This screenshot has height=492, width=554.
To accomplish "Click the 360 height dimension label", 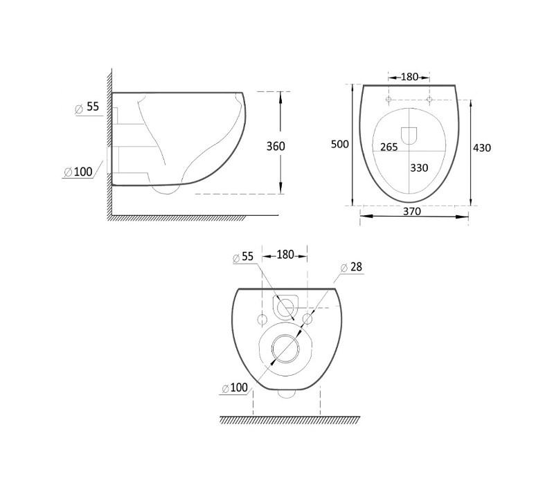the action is click(x=276, y=146).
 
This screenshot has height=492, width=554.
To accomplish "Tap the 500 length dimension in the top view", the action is click(x=340, y=144).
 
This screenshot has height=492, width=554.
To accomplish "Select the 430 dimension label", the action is click(x=482, y=147).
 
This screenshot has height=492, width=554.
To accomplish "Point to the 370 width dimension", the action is click(x=412, y=211).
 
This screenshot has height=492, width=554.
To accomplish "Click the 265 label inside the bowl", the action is click(x=389, y=147).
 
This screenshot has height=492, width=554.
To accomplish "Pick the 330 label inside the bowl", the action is click(x=419, y=167).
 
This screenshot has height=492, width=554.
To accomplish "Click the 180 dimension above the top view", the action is click(x=409, y=77).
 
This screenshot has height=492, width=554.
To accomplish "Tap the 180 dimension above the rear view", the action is click(x=285, y=255).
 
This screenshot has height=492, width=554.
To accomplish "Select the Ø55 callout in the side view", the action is click(x=87, y=107).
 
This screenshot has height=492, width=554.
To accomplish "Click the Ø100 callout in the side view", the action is click(x=78, y=172).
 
